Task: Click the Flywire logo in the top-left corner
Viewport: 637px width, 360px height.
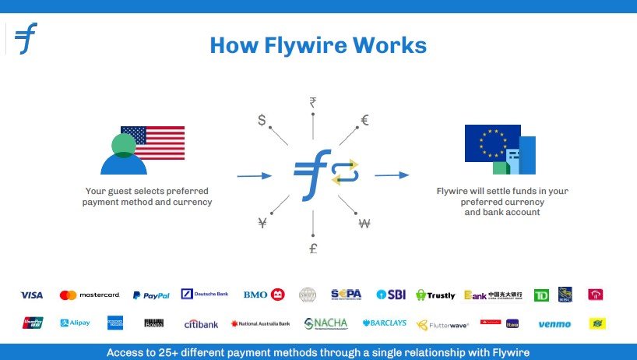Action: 26,38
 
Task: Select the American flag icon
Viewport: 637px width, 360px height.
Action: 153,143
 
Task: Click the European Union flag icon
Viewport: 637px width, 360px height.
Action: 492,143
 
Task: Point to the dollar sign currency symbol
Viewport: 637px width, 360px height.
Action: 262,120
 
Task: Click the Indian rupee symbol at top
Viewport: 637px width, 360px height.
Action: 313,102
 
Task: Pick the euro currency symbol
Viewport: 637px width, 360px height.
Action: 364,120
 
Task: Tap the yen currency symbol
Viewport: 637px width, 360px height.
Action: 262,224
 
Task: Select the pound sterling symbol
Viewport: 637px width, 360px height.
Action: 313,249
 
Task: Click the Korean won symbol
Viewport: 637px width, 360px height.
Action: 364,224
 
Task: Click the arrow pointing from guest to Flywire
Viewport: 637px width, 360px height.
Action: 255,176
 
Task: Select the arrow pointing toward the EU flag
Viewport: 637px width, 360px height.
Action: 392,175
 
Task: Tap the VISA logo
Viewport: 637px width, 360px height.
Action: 32,295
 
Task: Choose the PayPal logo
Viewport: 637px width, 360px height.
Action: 151,295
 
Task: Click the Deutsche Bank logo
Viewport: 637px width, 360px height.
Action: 205,295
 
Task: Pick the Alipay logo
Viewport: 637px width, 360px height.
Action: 75,323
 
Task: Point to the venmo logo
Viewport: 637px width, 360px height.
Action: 554,324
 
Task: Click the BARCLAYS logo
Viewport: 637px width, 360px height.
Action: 384,323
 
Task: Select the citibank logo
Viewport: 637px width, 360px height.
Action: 201,323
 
